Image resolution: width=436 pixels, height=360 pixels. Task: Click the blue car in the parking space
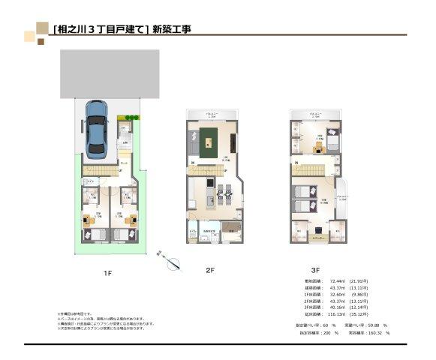coord(97,129)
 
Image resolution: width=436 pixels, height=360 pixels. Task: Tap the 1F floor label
coord(108,273)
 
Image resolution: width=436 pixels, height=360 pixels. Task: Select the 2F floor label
coord(210,268)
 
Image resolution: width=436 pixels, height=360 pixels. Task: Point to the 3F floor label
coord(316,268)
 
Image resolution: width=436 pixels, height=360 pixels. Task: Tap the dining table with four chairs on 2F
coord(223,197)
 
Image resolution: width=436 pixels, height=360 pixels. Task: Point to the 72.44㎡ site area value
coord(337,280)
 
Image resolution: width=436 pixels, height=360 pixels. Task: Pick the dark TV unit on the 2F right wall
coord(235,142)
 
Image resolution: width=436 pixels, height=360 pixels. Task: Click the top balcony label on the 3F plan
coord(317,115)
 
